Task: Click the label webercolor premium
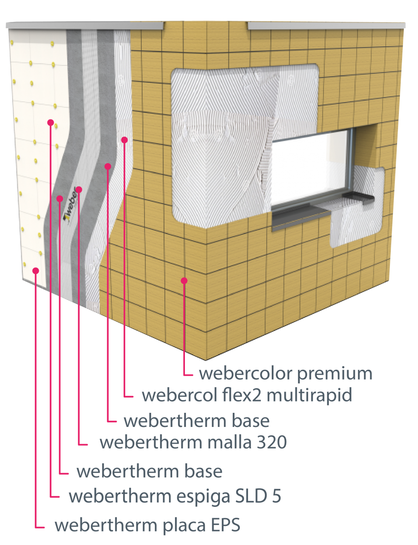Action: click(285, 374)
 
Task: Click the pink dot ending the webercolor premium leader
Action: click(184, 281)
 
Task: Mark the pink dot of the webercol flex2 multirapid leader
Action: click(124, 140)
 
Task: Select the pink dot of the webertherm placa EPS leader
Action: click(35, 271)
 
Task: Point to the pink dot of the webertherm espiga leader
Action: click(50, 122)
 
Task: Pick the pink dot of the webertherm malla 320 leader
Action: click(79, 189)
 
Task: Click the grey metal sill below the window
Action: click(301, 218)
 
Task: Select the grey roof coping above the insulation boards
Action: click(85, 25)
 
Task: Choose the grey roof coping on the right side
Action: click(326, 25)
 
